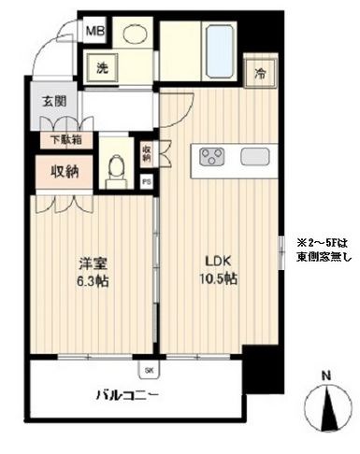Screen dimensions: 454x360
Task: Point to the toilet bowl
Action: [116, 168]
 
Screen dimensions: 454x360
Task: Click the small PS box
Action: [146, 183]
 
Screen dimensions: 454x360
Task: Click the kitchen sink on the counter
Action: [254, 156]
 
